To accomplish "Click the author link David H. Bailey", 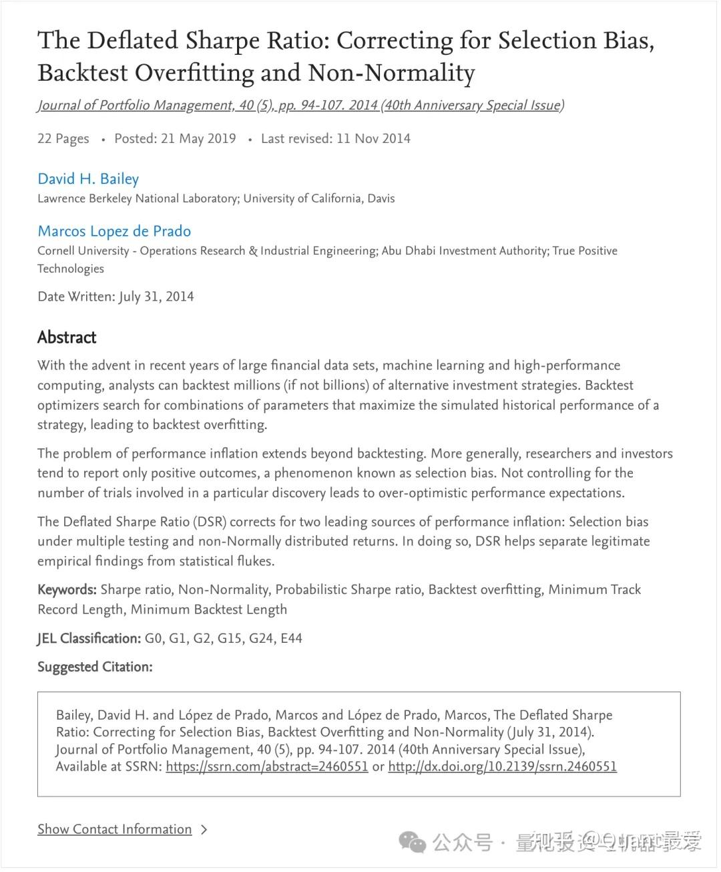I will pos(88,179).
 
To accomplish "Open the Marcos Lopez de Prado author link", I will pos(114,231).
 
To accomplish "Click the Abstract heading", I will pos(67,337).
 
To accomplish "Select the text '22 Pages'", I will pos(63,139).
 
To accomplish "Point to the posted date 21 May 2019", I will pos(198,139).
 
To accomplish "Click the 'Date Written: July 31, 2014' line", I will pos(115,297).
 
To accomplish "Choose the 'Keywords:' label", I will pos(67,590).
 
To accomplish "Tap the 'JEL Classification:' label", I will pos(89,639).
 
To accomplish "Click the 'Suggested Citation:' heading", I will pos(95,667).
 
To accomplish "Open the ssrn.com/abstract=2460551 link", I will pos(267,767).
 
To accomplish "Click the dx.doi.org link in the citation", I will pos(502,767).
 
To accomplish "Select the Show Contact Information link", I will pos(114,829).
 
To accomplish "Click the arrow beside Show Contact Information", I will pos(204,830).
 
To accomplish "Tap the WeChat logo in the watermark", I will pos(412,842).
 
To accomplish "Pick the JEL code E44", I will pos(291,639).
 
